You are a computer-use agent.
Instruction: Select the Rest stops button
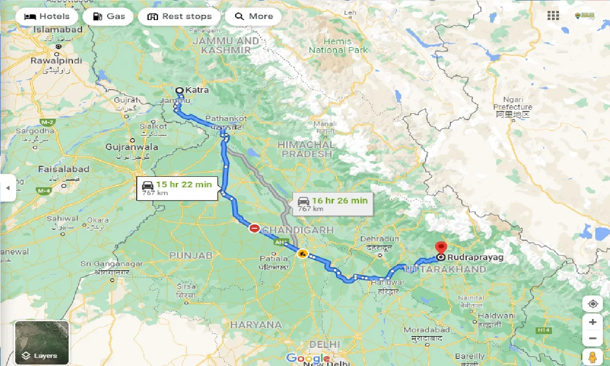coord(179,17)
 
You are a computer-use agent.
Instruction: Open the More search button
coord(254,17)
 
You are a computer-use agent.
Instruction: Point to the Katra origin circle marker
coord(180,90)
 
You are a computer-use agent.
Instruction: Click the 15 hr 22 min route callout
coord(177,188)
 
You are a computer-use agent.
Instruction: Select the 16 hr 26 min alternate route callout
coord(333,204)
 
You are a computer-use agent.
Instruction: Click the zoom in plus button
coord(592,322)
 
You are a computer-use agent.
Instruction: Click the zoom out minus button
coord(592,339)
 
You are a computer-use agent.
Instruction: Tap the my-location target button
coord(592,304)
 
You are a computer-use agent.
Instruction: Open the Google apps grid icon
coord(553,16)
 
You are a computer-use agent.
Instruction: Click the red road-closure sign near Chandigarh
coord(254,229)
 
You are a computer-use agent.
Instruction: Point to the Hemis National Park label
coord(338,46)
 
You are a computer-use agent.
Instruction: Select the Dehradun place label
coord(380,238)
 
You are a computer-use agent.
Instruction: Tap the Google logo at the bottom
coord(308,358)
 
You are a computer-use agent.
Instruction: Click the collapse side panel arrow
coord(8,188)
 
